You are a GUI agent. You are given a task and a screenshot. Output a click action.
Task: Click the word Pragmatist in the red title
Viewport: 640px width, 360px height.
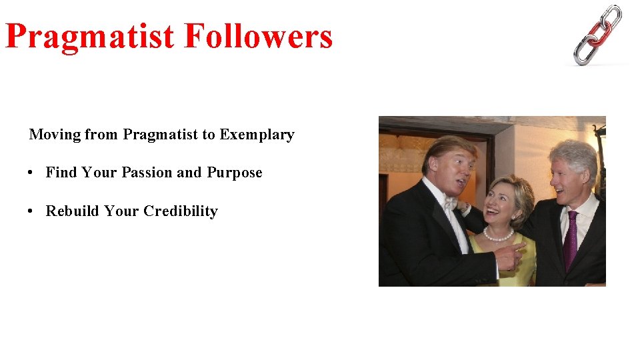point(89,37)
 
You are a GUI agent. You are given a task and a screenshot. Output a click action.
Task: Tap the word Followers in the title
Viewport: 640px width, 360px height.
point(259,37)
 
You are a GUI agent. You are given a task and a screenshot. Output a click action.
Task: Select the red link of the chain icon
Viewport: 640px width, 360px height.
point(598,32)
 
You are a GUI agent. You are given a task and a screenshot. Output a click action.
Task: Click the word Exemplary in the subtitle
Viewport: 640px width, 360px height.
point(257,135)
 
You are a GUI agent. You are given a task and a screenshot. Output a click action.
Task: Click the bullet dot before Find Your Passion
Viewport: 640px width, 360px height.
point(31,173)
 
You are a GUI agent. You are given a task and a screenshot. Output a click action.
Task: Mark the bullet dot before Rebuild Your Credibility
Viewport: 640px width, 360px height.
point(31,211)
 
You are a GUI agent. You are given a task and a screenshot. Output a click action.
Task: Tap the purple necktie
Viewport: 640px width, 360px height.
point(571,240)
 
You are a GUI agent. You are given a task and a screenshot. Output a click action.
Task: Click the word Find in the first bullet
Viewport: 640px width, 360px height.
point(61,173)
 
